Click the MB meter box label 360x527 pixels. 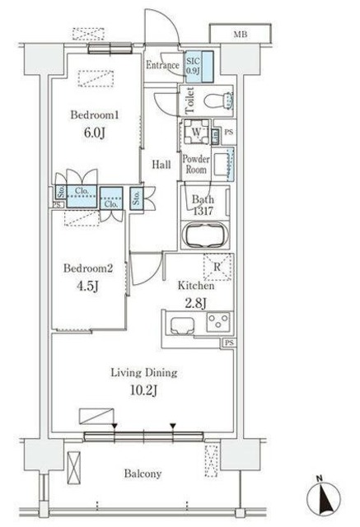tap(241, 34)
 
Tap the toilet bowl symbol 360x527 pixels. tap(218, 100)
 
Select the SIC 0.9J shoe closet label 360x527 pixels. tap(194, 66)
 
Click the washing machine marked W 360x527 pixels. tap(196, 132)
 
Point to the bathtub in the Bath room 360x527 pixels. tap(205, 235)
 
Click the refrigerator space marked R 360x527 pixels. tap(217, 267)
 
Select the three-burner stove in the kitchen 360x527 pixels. tap(218, 322)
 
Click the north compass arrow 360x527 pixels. tap(324, 496)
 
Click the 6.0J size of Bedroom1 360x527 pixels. tap(95, 133)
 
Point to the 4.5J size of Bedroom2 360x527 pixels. tap(87, 287)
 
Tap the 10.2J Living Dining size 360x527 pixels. tap(143, 390)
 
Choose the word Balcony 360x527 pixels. tap(143, 473)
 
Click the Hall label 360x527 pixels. tap(161, 165)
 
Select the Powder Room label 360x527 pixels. tap(196, 164)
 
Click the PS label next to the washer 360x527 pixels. tap(228, 132)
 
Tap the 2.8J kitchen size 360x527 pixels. tap(195, 303)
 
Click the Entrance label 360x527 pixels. tap(162, 65)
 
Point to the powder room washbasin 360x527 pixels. tap(222, 163)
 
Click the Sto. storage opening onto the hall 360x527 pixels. tap(137, 198)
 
